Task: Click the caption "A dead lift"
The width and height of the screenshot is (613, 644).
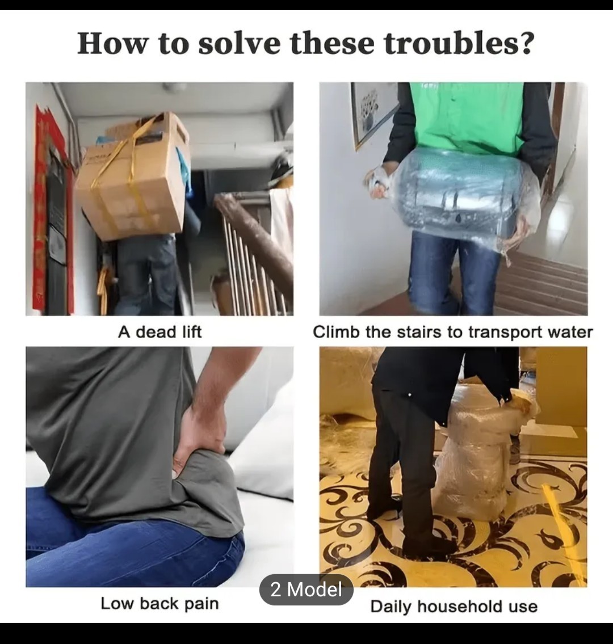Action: click(x=160, y=332)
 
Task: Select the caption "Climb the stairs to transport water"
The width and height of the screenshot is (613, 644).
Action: click(x=453, y=332)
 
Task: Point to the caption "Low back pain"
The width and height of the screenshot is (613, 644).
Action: click(x=160, y=604)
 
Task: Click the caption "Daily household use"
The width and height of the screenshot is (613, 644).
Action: click(x=454, y=607)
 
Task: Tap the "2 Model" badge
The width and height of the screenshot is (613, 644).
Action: click(x=306, y=590)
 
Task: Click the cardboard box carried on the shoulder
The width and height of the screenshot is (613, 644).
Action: click(x=132, y=176)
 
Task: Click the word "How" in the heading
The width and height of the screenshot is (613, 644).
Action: click(x=111, y=43)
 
